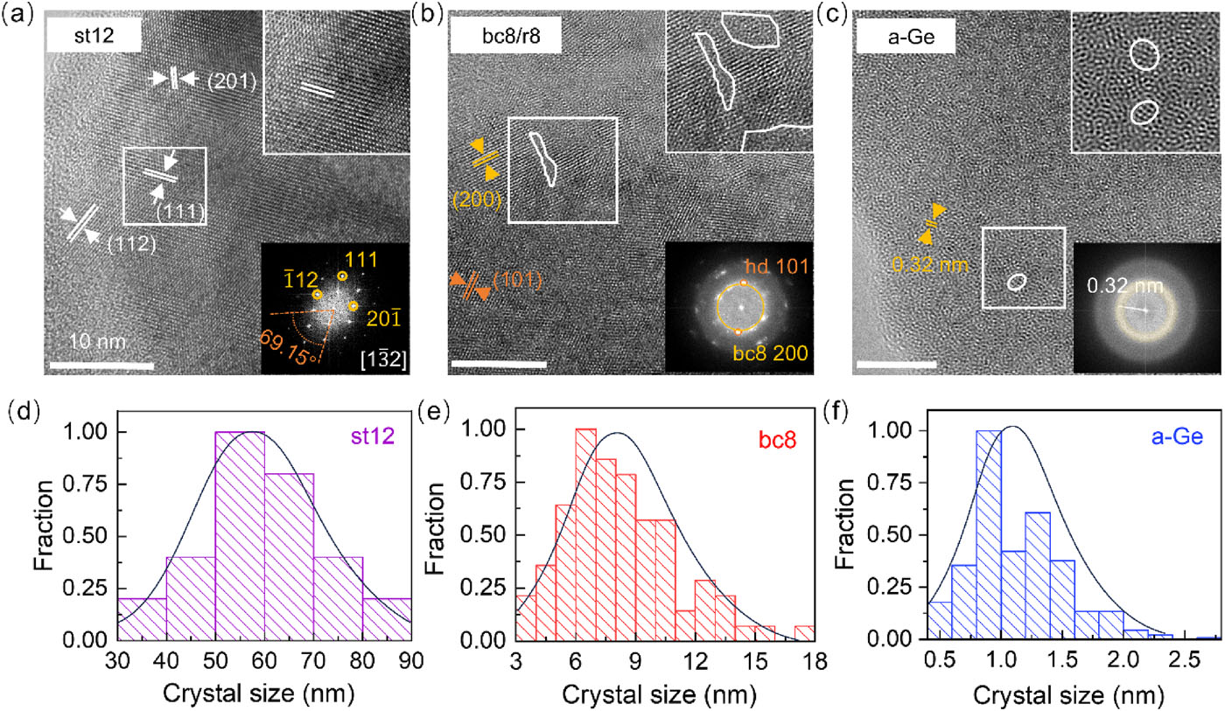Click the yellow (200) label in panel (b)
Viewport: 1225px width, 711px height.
477,201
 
